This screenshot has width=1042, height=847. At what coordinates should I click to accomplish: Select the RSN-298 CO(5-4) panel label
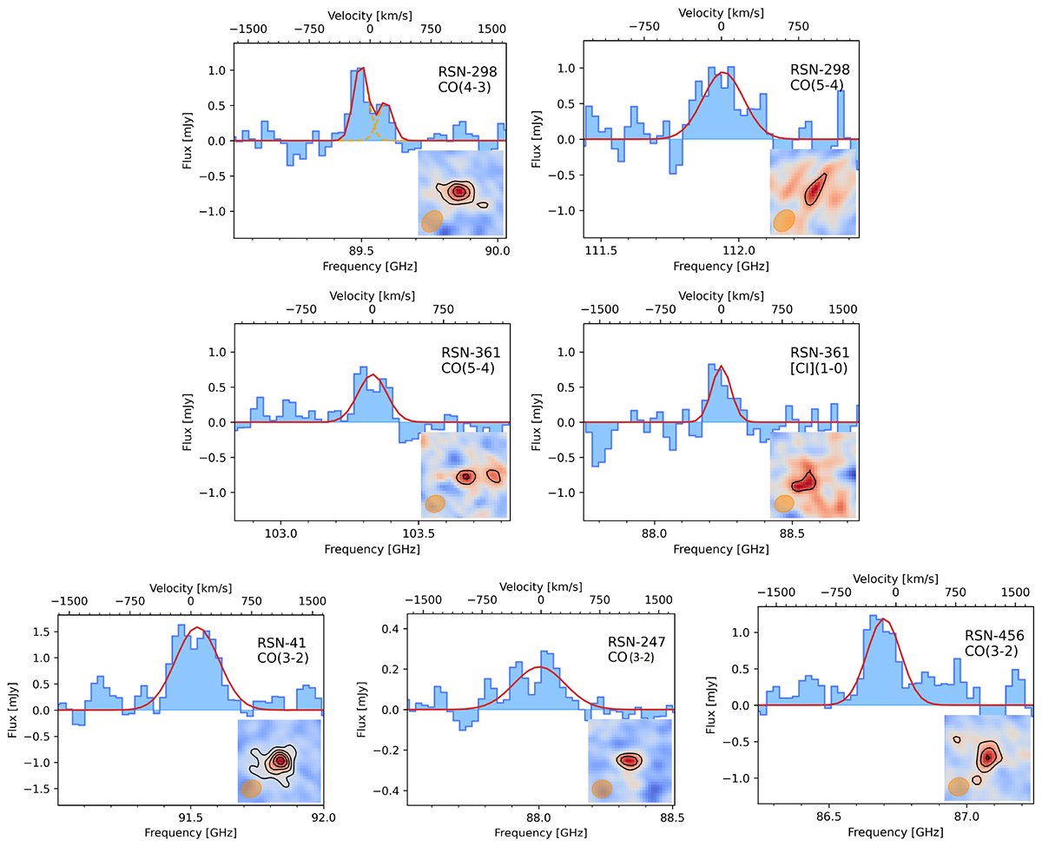click(x=819, y=76)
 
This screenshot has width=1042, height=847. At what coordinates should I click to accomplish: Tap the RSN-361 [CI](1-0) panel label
click(x=819, y=360)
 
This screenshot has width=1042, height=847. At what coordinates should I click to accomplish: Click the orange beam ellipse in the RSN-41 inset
click(x=252, y=788)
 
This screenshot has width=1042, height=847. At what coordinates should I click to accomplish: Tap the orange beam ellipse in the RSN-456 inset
click(x=959, y=786)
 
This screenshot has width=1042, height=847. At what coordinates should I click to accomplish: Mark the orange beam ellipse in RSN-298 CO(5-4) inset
click(x=784, y=220)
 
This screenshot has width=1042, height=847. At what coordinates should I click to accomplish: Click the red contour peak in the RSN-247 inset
click(x=628, y=760)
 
